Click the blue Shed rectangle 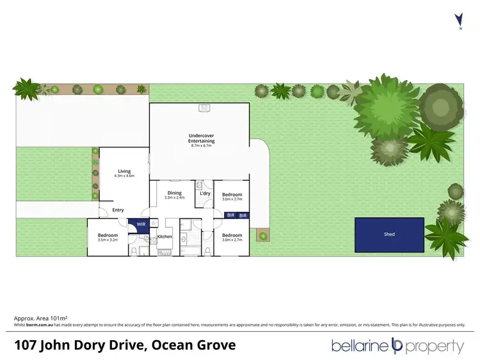point(390,234)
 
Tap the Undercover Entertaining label point(201,138)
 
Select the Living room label point(124,171)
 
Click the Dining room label point(175,193)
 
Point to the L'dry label point(205,193)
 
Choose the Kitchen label point(165,237)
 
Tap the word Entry point(118,210)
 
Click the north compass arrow point(458,19)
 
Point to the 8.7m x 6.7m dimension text point(201,145)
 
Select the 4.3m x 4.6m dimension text point(124,176)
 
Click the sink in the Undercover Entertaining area point(204,108)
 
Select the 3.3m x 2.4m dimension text point(175,197)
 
